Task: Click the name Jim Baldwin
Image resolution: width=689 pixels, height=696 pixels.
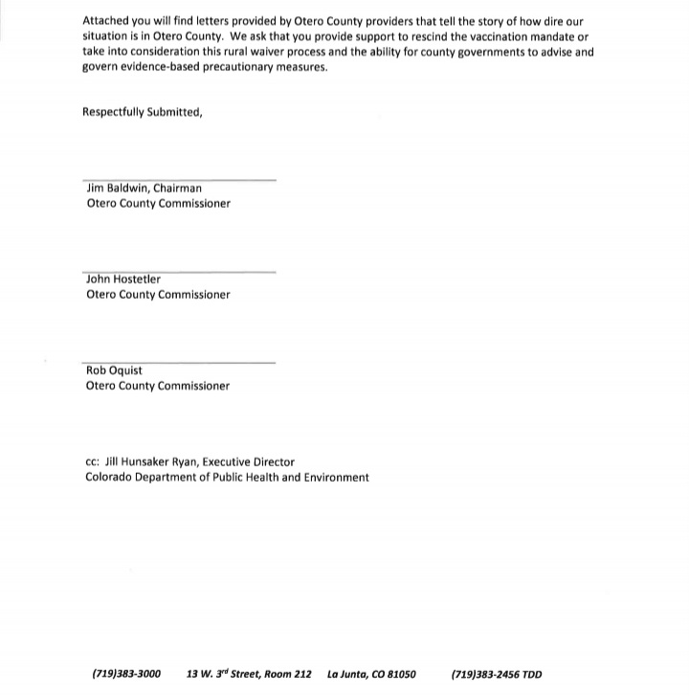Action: click(x=117, y=189)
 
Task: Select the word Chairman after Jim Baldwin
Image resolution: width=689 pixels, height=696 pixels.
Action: click(x=177, y=189)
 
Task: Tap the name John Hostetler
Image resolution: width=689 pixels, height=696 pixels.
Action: click(x=123, y=280)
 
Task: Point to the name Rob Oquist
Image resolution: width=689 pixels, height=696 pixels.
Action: click(x=114, y=370)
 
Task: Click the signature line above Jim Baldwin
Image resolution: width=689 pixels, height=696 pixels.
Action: click(x=180, y=179)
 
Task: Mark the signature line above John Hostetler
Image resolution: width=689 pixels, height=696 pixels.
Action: click(x=180, y=271)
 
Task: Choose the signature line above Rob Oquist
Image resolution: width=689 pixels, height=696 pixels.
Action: click(x=180, y=362)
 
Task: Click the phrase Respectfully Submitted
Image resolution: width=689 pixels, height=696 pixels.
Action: click(x=143, y=112)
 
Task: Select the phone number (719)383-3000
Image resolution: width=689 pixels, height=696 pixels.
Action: click(x=126, y=674)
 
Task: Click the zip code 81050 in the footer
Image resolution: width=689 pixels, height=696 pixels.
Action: click(x=398, y=674)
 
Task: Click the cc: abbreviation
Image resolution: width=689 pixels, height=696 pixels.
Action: click(x=93, y=461)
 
